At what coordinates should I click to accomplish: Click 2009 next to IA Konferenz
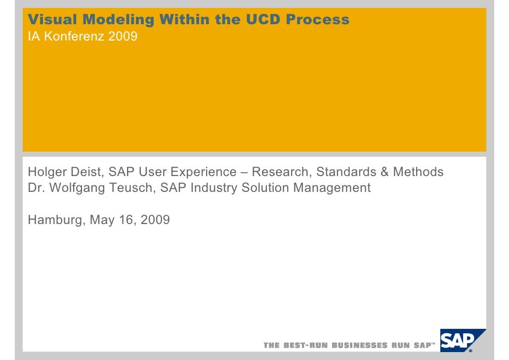(x=124, y=37)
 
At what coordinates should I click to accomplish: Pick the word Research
(x=281, y=172)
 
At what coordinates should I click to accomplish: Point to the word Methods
(x=418, y=172)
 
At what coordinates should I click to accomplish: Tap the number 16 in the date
(x=126, y=220)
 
